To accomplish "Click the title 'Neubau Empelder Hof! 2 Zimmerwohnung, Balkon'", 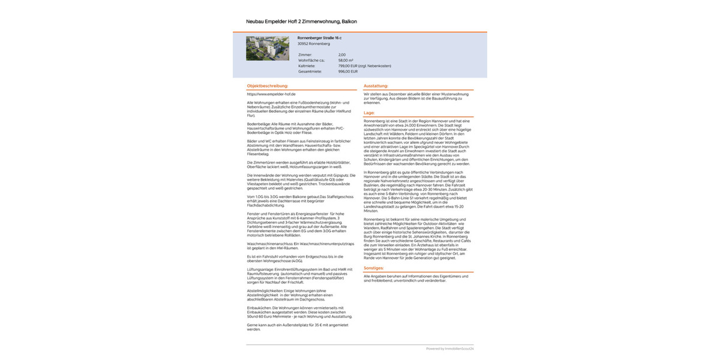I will tap(301, 22).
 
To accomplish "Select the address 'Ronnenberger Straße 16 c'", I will tap(319, 38).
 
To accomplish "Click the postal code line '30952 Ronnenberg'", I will tap(314, 44).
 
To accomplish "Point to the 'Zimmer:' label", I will tap(305, 55).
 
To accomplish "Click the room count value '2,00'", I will tap(342, 55).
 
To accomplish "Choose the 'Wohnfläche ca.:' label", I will tap(311, 60).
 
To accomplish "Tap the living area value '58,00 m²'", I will tap(346, 60).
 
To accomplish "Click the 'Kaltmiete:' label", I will tap(307, 65).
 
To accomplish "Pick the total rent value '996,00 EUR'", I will tap(348, 71).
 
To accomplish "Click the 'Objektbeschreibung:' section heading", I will tap(268, 86).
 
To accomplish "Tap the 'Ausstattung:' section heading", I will tap(376, 86).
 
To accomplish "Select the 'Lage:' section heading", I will tap(370, 113).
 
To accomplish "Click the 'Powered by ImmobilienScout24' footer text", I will tap(450, 349).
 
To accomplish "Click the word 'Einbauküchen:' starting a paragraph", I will tap(259, 308).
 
